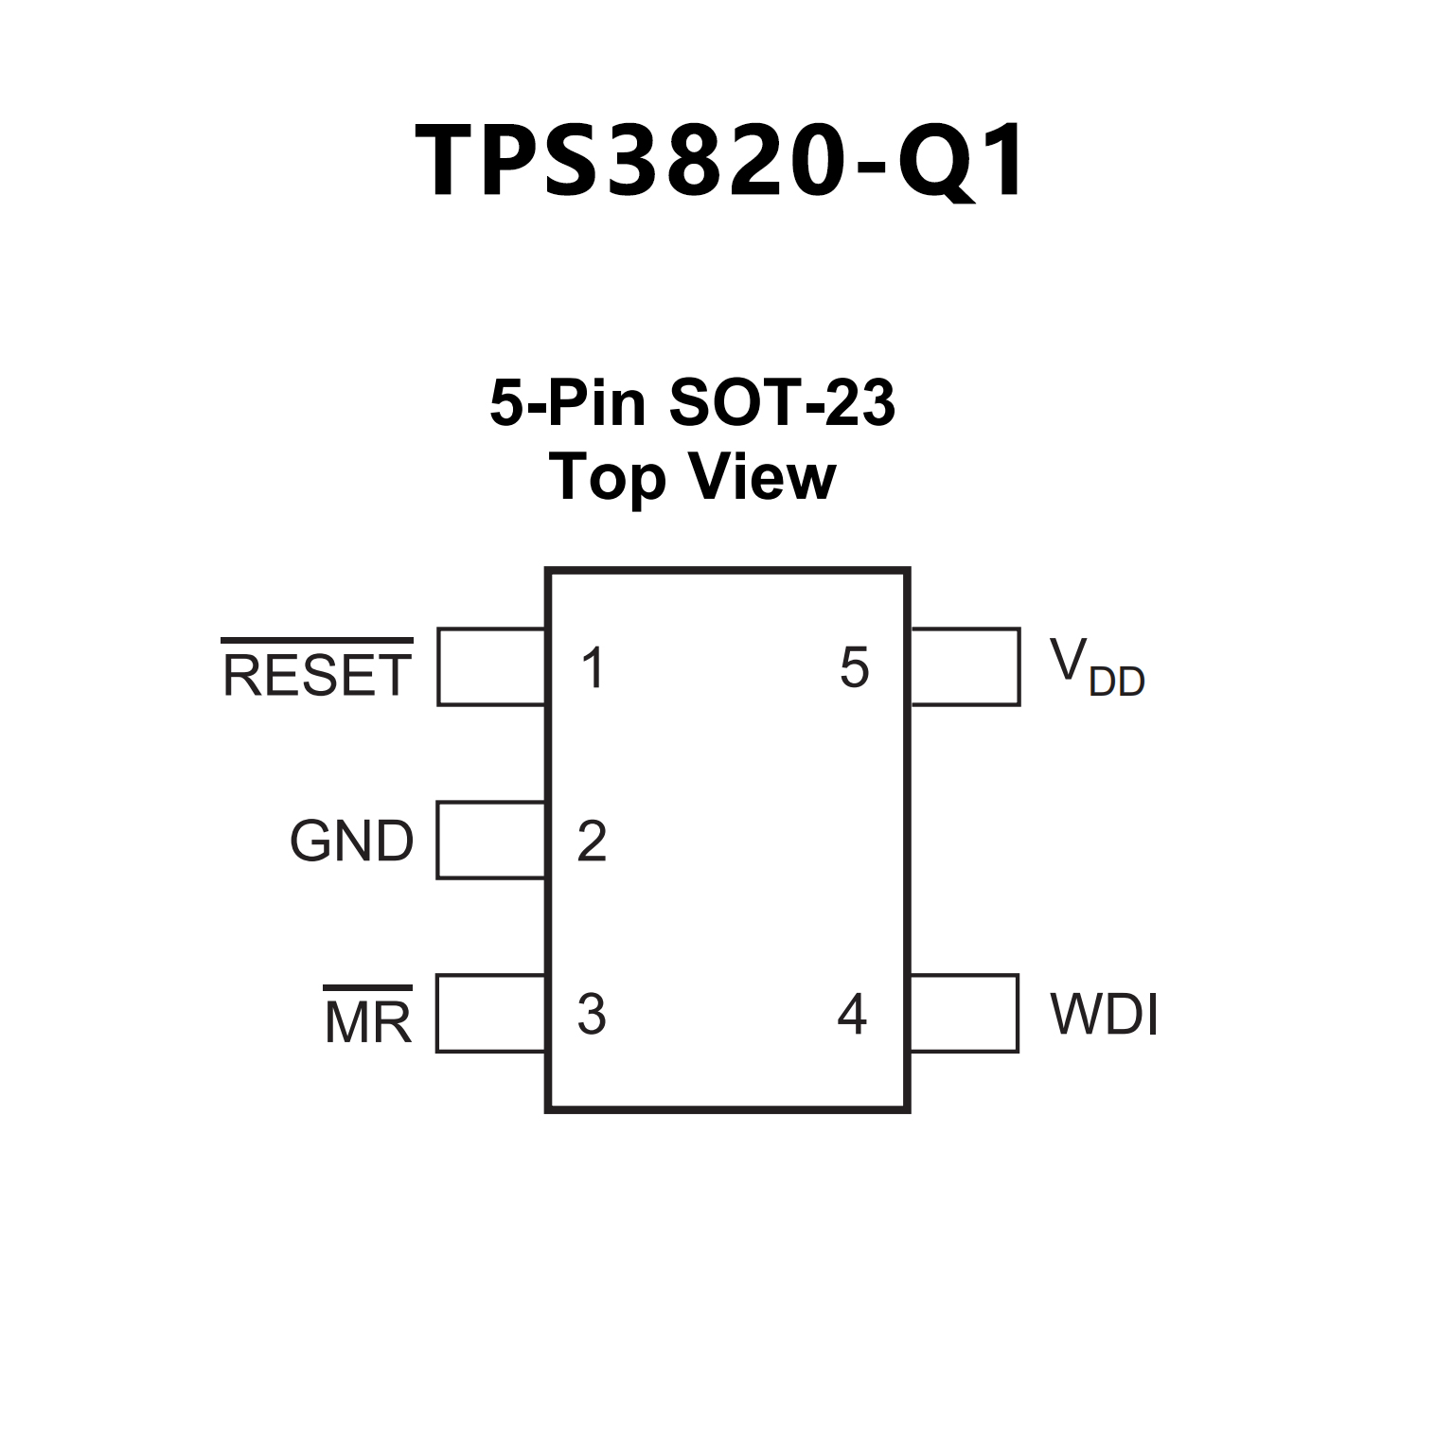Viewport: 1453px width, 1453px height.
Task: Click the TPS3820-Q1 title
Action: [720, 162]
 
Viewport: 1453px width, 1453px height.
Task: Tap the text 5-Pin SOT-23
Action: [692, 402]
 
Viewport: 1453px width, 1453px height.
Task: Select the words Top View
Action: [692, 477]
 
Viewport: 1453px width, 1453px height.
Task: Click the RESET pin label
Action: [317, 675]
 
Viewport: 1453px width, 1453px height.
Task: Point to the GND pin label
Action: [351, 841]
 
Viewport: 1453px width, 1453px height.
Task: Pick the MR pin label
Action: [368, 1022]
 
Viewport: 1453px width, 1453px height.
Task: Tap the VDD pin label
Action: [1096, 667]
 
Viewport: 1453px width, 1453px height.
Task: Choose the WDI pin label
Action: [1104, 1014]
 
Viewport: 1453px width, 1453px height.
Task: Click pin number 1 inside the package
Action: [593, 668]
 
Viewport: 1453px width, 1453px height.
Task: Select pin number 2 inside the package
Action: [592, 841]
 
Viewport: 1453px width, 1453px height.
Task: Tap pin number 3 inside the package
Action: [592, 1014]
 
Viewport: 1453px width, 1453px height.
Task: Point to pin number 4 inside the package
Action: [852, 1014]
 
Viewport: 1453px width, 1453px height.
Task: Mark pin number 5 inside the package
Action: [854, 668]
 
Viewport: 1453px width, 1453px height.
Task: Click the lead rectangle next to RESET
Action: [491, 666]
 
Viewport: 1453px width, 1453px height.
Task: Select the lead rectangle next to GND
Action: [490, 841]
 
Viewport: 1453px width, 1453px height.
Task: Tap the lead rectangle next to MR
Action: [490, 1014]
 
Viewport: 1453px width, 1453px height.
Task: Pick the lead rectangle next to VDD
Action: [965, 666]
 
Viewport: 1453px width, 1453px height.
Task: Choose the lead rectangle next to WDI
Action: [964, 1014]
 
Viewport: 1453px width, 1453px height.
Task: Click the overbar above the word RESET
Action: [317, 641]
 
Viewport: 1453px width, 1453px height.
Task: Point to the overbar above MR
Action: [368, 988]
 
